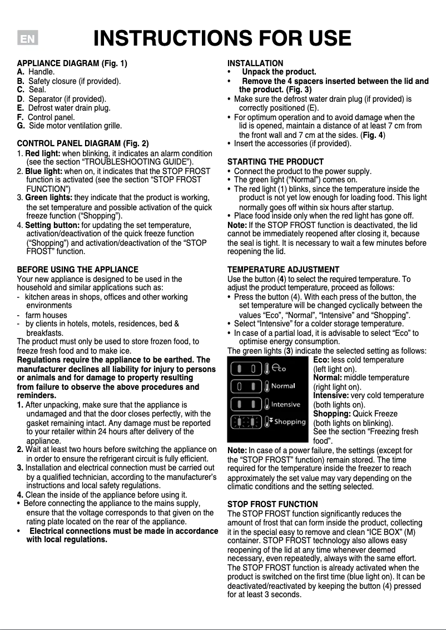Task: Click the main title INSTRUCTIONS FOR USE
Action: pyautogui.click(x=222, y=39)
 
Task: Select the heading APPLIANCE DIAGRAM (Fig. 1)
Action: pyautogui.click(x=72, y=63)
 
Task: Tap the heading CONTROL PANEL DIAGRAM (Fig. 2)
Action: pyautogui.click(x=83, y=143)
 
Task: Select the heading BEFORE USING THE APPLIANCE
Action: pyautogui.click(x=78, y=270)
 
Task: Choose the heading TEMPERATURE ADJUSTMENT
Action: pyautogui.click(x=284, y=270)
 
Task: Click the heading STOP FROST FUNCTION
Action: pyautogui.click(x=273, y=504)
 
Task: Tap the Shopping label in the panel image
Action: pyautogui.click(x=289, y=421)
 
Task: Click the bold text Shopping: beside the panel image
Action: pyautogui.click(x=332, y=414)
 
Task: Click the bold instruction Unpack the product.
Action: pyautogui.click(x=279, y=72)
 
